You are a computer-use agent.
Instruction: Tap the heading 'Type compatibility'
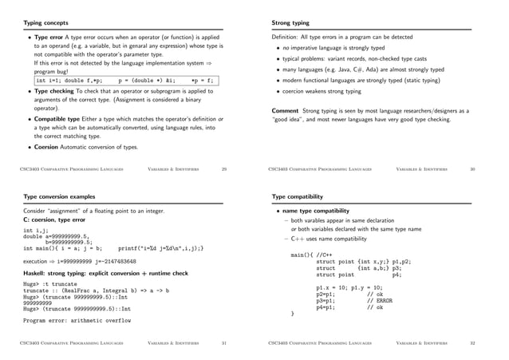pos(298,196)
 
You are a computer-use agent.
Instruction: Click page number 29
pos(224,169)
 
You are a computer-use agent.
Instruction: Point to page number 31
pos(224,343)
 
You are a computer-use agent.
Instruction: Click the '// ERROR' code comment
pos(378,300)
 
